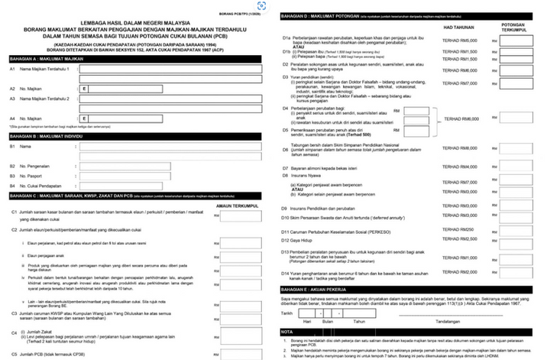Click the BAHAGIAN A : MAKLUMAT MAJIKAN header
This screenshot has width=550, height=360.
click(46, 57)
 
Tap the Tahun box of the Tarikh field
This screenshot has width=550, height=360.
click(359, 313)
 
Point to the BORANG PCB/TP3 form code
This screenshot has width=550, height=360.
click(243, 15)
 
